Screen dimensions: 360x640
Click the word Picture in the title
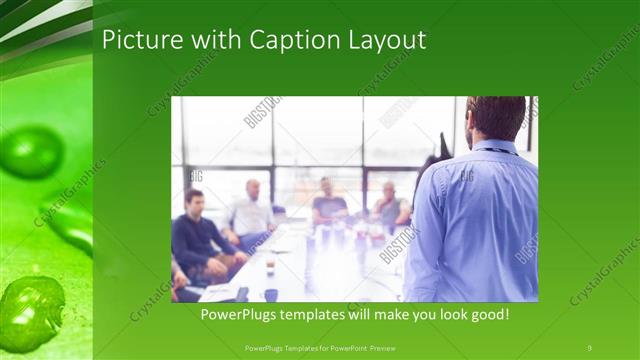pos(137,40)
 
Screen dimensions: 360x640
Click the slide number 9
pos(590,347)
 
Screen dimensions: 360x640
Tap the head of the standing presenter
pos(495,118)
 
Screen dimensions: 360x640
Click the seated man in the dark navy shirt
pos(195,236)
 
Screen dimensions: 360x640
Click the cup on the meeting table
pos(270,264)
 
